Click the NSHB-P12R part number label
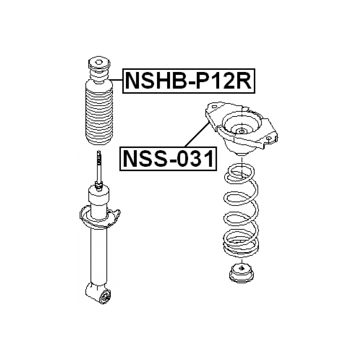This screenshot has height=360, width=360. click(189, 81)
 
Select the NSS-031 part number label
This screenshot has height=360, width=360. click(168, 159)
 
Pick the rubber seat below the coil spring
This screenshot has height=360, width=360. click(241, 273)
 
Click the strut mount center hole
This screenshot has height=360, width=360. click(241, 131)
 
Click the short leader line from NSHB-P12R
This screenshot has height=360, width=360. click(116, 79)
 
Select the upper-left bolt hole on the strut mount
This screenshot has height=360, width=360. click(214, 107)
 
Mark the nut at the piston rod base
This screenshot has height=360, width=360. click(99, 186)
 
